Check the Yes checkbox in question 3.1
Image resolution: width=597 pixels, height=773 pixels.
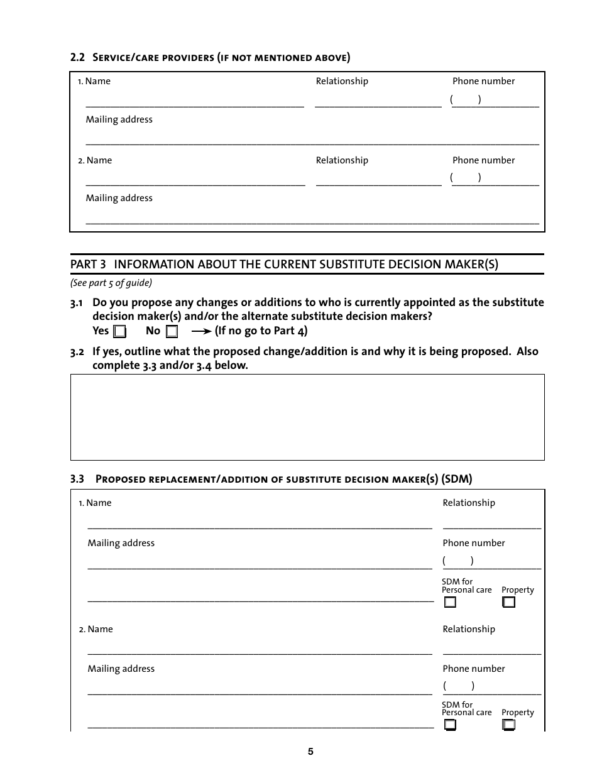click(x=119, y=331)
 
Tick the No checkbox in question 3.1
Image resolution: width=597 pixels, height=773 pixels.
click(x=172, y=331)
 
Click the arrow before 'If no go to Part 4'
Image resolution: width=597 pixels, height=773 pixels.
click(x=201, y=331)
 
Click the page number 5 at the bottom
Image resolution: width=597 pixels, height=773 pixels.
click(x=310, y=752)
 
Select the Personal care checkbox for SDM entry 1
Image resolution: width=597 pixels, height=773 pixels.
click(x=450, y=602)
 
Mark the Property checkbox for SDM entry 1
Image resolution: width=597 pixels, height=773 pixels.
click(x=508, y=602)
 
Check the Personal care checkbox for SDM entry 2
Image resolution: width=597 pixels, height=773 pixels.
click(x=450, y=725)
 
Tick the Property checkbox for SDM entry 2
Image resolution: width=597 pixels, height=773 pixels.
click(x=508, y=725)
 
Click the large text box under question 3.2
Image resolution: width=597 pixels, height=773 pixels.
click(x=307, y=417)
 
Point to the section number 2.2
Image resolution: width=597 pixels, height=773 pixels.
click(x=77, y=58)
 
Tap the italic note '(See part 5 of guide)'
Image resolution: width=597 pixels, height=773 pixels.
click(x=111, y=283)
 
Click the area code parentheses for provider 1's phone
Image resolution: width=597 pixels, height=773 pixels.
click(x=466, y=99)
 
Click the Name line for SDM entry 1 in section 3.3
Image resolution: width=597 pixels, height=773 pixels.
click(x=260, y=524)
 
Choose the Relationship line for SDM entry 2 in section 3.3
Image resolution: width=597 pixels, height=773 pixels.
click(x=491, y=649)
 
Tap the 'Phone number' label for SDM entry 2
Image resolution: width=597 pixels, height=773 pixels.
click(x=473, y=669)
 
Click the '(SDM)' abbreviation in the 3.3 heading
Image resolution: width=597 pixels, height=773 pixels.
click(x=457, y=479)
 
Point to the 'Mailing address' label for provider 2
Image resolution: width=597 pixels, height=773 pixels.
click(x=119, y=198)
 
